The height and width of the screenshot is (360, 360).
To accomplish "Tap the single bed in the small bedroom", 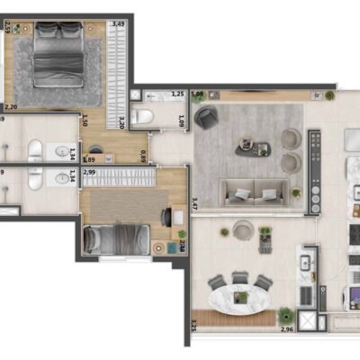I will (115, 239).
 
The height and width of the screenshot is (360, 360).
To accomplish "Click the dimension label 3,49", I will (118, 24).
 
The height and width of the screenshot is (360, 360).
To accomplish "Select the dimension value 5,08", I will (197, 93).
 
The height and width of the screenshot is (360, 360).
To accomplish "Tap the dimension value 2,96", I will (286, 328).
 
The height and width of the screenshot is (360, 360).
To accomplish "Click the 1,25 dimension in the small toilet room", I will (177, 94).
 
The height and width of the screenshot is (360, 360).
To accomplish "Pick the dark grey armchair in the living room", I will (207, 118).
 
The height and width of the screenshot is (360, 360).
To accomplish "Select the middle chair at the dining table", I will (240, 279).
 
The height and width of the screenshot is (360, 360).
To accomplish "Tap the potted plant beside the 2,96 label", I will (286, 315).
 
